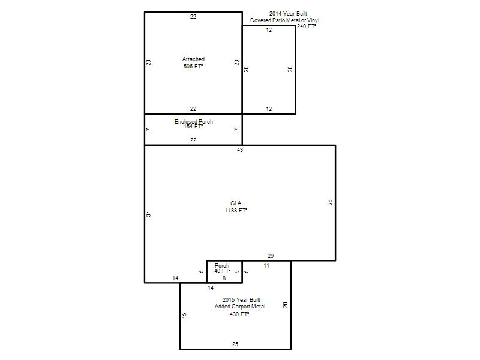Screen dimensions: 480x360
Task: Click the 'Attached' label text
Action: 193,59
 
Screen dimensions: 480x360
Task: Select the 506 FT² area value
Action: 193,66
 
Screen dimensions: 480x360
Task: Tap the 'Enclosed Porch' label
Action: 194,121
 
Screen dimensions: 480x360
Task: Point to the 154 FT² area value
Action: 193,126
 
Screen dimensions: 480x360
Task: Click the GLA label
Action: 236,203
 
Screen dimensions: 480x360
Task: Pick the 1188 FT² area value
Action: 236,211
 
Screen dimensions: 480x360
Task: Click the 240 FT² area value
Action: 307,26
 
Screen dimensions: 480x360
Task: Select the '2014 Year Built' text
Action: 288,13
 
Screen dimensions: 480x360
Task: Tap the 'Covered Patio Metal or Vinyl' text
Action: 284,20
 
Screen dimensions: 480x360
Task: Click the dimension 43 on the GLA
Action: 240,149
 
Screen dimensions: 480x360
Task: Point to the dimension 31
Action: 148,214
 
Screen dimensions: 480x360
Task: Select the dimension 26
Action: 329,202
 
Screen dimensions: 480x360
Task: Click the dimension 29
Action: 271,256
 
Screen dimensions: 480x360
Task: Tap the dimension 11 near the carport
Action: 266,266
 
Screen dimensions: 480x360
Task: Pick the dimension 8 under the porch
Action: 224,278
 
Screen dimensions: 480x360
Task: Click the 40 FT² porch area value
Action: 222,271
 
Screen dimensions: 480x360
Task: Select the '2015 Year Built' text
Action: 241,299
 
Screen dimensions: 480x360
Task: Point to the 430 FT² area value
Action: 239,314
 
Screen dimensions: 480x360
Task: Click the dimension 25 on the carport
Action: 235,344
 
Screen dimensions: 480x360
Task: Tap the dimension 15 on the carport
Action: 184,316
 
